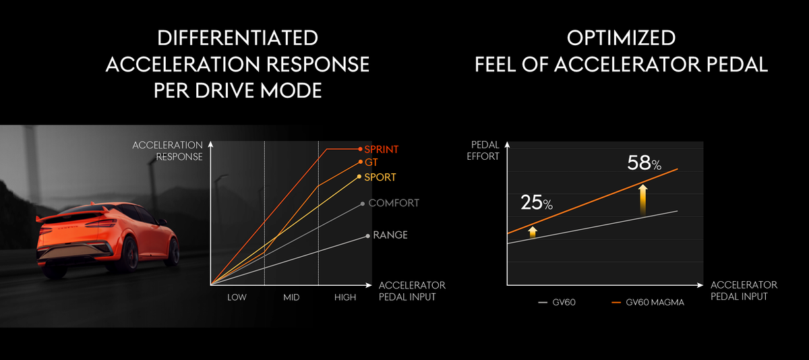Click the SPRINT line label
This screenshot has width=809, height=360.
point(382,149)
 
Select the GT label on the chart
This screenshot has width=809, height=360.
point(371,162)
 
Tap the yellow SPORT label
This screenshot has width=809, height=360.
point(380,177)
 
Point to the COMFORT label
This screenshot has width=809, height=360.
point(394,203)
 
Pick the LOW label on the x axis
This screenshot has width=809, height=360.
point(237,297)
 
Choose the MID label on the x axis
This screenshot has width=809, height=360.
point(291,297)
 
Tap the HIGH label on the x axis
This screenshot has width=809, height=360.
point(345,297)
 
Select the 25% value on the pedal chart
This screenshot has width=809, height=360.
point(536,202)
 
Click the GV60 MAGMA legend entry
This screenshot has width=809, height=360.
point(654,303)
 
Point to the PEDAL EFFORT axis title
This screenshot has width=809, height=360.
point(485,151)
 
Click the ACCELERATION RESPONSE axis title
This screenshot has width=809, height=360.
point(168,151)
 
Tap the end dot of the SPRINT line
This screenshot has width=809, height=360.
point(360,149)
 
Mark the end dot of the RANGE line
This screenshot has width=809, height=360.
point(367,236)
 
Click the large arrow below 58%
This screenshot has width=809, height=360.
point(644,200)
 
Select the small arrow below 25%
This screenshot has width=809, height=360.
point(533,232)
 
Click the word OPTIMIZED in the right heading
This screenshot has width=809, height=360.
point(621,38)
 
